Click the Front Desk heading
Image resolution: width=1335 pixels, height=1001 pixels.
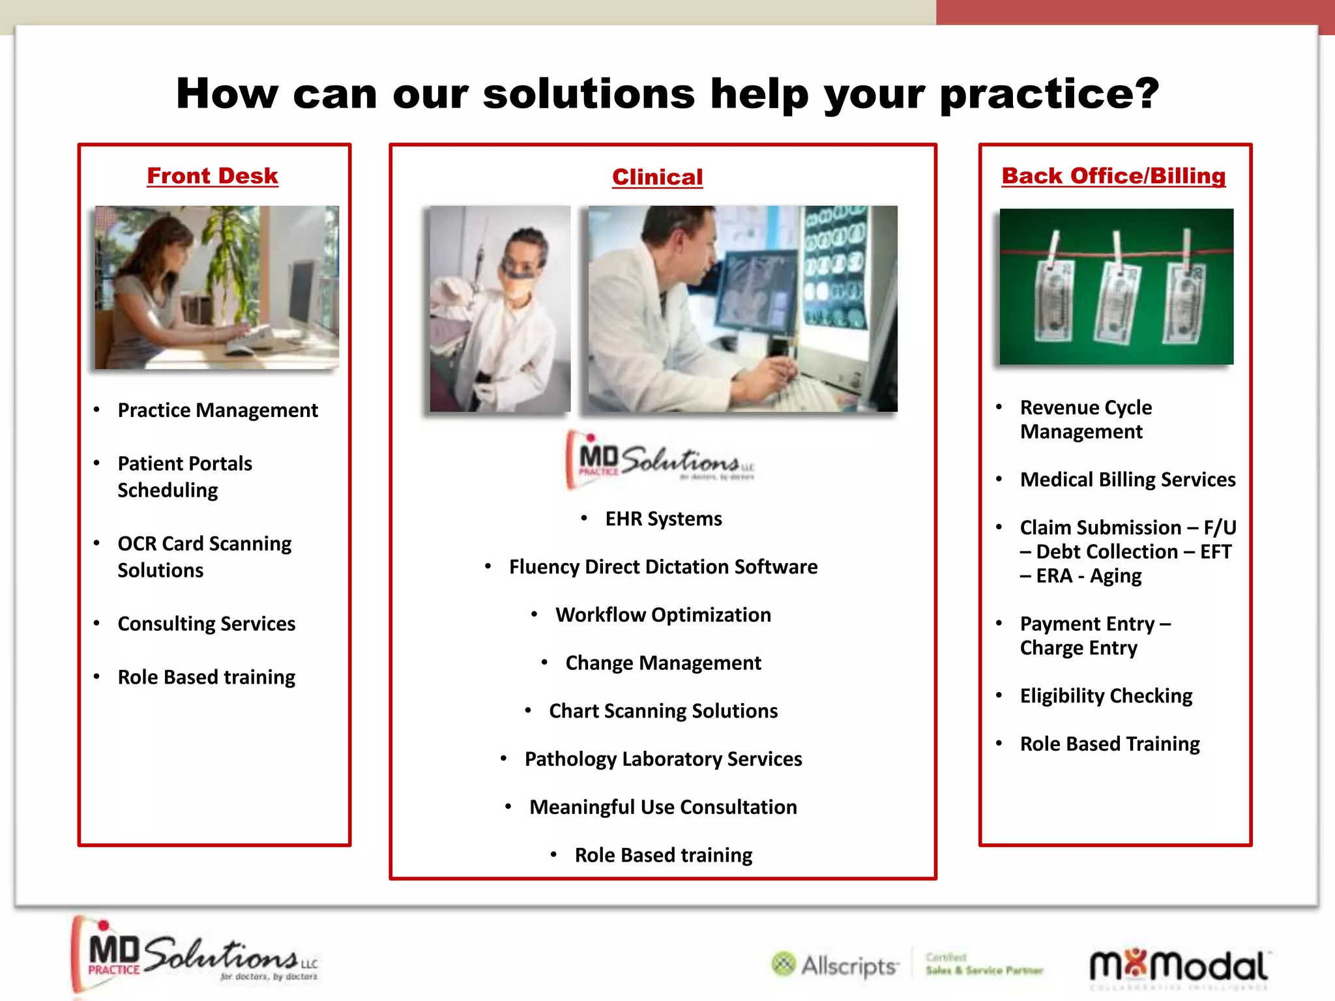click(213, 176)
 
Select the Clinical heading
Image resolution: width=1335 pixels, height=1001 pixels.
click(657, 177)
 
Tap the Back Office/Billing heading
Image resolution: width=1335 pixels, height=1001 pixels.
click(1113, 176)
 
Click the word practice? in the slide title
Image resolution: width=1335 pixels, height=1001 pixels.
click(1049, 94)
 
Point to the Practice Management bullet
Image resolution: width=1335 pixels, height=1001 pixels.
click(218, 411)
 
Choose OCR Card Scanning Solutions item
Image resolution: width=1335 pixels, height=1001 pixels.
click(204, 557)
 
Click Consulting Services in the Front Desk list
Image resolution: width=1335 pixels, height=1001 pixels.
click(207, 624)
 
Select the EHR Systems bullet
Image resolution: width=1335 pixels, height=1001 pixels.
click(663, 519)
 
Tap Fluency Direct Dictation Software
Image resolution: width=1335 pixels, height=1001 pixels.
click(663, 567)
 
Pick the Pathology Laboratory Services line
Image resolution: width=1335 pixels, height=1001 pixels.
click(663, 759)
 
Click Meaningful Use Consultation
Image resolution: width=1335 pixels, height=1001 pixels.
click(663, 807)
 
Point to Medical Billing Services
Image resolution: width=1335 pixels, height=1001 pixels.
click(1127, 480)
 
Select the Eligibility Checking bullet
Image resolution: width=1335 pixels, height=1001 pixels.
click(1106, 696)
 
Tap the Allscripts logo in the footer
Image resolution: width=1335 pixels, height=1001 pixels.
click(835, 965)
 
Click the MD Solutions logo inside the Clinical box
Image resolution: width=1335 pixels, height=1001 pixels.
click(660, 459)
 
